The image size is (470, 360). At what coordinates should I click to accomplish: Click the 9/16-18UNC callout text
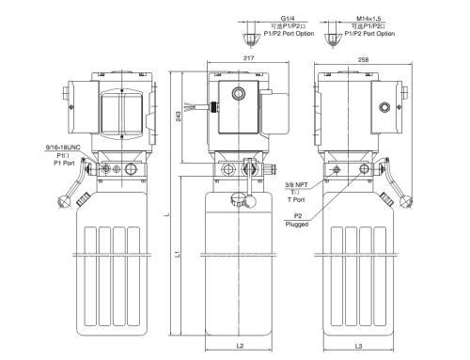62,147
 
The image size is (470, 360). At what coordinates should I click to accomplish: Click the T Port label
297,199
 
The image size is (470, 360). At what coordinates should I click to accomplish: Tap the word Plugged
298,224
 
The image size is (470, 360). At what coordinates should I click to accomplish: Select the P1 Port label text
63,163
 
